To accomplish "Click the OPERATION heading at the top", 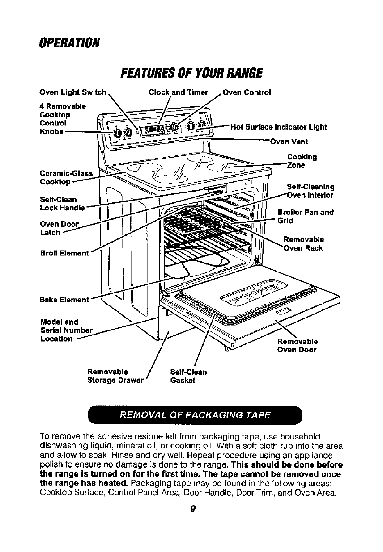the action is [x=69, y=43].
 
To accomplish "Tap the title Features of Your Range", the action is [x=191, y=73].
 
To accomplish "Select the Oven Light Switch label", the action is [x=73, y=92].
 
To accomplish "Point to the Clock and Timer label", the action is [x=178, y=92].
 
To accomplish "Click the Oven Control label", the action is [x=247, y=92].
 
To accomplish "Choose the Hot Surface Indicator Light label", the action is [x=279, y=127].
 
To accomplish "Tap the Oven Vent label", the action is [x=289, y=142].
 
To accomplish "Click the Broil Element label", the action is [x=64, y=253].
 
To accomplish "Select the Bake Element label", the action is [x=64, y=300].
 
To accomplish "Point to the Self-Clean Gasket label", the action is [x=188, y=376].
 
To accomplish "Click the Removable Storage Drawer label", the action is [x=115, y=376].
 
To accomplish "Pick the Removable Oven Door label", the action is [x=298, y=346].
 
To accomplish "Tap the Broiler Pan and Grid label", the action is [x=306, y=216].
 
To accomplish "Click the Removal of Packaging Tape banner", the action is [x=195, y=415].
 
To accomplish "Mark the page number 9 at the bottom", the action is [x=193, y=508].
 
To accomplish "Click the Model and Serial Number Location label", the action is [x=66, y=330].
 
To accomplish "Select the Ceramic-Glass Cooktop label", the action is [x=66, y=178].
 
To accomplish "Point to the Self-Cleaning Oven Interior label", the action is [x=311, y=191].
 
